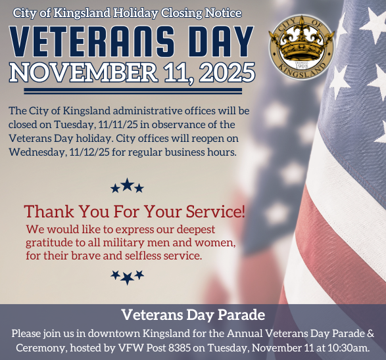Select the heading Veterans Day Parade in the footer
[x=193, y=314]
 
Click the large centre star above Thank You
[x=127, y=186]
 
